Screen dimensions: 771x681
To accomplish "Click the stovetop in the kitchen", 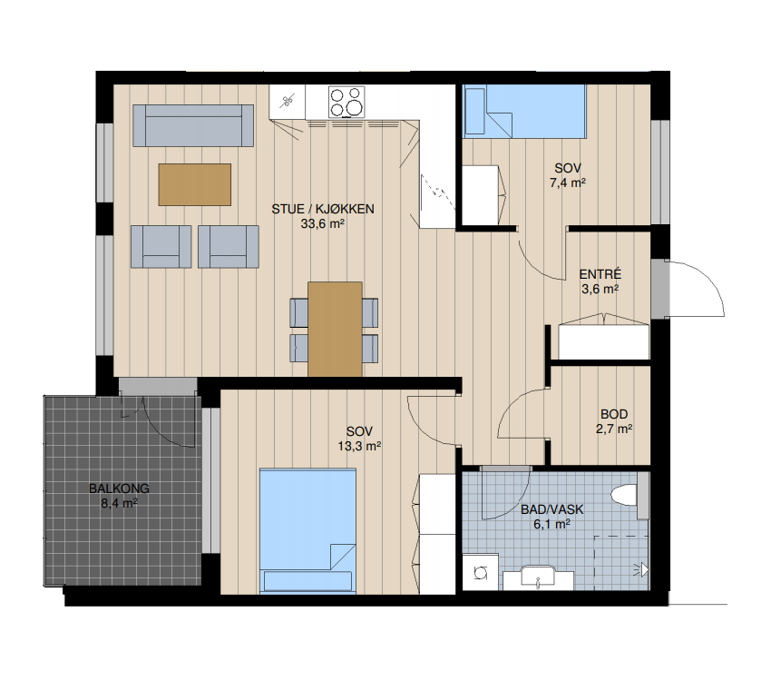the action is (347, 102).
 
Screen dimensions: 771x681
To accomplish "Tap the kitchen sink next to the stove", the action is (288, 102).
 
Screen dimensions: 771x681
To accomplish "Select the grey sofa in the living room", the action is (193, 125).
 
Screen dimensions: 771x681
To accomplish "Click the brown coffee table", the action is (195, 184).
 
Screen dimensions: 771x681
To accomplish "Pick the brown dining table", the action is (335, 330).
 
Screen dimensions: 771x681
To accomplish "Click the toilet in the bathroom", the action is (629, 495).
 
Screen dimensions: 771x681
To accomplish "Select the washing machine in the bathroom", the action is (481, 572).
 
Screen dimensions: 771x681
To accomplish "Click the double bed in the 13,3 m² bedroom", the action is (307, 531).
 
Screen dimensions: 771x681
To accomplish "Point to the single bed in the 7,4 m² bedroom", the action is (525, 111).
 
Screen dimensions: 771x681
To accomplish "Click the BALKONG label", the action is (119, 489).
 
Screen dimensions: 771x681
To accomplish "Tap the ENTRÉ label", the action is (600, 274).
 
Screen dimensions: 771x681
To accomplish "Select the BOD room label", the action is (614, 414).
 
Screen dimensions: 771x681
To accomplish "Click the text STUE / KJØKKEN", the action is (323, 209).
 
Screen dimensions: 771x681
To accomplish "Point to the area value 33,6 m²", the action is (323, 224).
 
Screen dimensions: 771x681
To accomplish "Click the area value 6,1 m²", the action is (551, 524).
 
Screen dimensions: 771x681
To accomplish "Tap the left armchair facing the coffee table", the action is (161, 246).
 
